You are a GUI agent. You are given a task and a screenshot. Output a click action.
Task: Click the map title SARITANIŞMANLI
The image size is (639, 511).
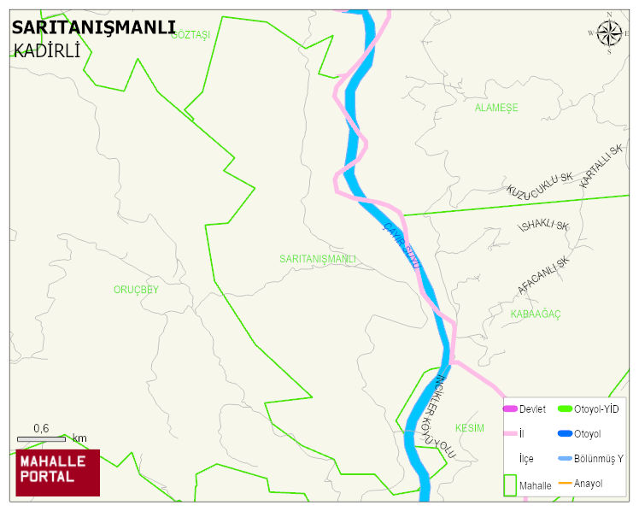click(x=93, y=27)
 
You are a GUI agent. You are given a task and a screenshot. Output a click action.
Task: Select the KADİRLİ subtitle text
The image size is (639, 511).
click(x=47, y=50)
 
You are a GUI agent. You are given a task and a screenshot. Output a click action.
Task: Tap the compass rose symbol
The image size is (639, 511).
click(x=609, y=33)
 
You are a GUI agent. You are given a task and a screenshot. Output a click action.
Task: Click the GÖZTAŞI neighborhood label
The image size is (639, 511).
click(x=191, y=34)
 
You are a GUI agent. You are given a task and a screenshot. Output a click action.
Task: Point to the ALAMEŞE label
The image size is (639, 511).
click(x=496, y=108)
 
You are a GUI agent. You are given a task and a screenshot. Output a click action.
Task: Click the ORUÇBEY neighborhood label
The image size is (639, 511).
click(x=136, y=290)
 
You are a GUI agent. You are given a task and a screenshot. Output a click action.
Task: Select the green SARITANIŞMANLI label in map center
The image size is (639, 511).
click(x=317, y=258)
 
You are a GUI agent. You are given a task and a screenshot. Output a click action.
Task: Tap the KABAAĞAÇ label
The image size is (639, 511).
click(x=535, y=314)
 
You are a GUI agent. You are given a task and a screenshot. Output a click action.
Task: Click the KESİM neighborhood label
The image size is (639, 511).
click(x=469, y=427)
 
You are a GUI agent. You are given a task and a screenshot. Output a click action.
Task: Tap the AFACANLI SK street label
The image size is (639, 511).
click(x=542, y=276)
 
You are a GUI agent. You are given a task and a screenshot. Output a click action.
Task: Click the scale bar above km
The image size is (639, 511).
click(x=41, y=439)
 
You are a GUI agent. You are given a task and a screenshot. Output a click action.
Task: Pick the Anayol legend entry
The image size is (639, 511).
click(x=588, y=484)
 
